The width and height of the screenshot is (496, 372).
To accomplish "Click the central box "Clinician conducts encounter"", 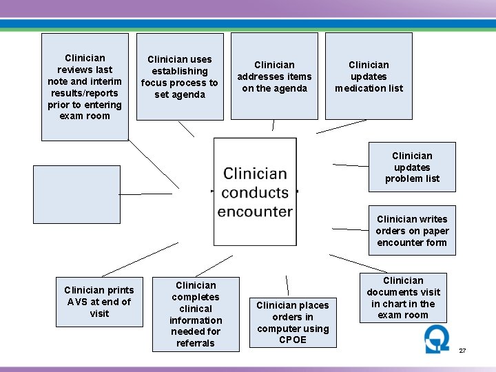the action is pos(255,192).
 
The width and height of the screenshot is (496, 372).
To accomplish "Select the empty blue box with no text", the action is pos(77,194).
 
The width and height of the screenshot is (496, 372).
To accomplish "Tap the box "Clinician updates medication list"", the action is pos(369,76).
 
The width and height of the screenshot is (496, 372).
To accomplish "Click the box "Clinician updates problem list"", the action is pos(412,167).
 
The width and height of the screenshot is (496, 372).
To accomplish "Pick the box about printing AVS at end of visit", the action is pos(99,302).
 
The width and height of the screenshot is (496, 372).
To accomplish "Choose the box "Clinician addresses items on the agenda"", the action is pos(274,76).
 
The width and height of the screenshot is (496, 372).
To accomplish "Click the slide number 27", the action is pos(462,351).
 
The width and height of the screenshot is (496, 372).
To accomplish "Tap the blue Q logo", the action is pos(437,339).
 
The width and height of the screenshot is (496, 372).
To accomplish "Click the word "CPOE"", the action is pos(293,340).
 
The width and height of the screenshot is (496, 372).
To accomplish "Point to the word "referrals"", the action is pos(196,343).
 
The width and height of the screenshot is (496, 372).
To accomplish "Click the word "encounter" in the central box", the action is pos(255,211).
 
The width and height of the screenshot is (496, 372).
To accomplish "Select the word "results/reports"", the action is pos(85,93).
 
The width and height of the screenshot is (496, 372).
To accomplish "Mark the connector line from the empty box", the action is pos(145,194).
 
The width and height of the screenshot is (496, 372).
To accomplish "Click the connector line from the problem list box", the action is pos(351,165).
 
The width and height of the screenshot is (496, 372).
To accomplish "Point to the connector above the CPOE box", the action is pos(287,285).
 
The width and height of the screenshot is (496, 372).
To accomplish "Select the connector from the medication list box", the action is pos(342,127).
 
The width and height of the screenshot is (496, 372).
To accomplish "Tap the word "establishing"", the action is pos(180,71).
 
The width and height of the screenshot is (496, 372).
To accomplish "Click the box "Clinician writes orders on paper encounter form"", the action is pos(412,230).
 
